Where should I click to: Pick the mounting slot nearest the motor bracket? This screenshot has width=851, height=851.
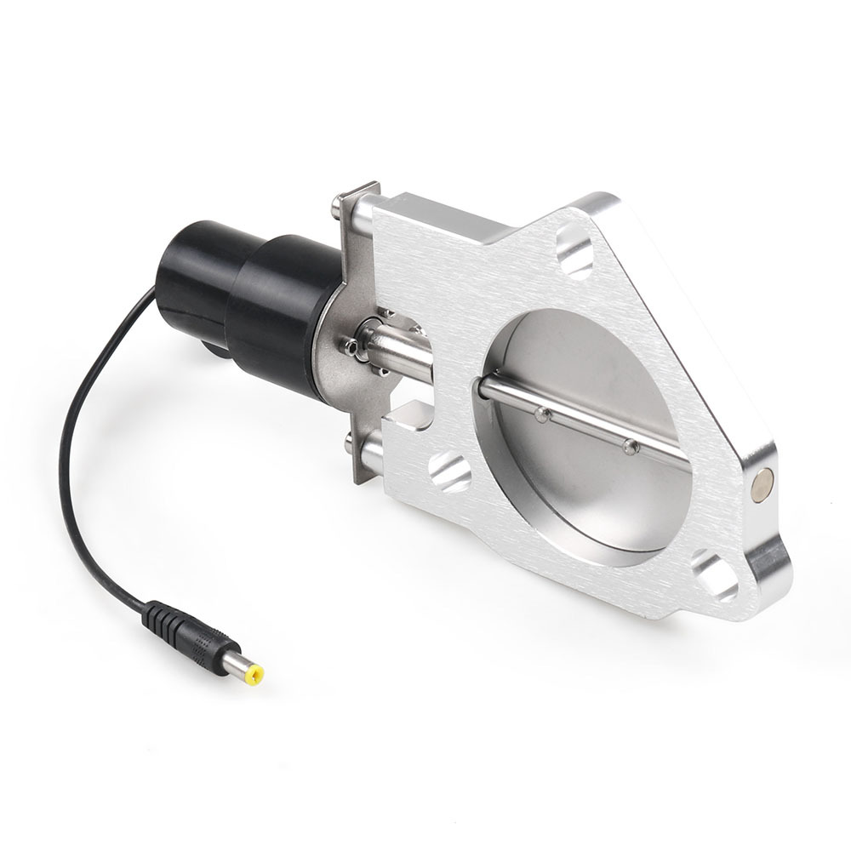(x=449, y=471)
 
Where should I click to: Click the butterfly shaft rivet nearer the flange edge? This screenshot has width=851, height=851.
(x=630, y=446)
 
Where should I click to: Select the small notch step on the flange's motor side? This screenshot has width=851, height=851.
(x=404, y=420)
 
